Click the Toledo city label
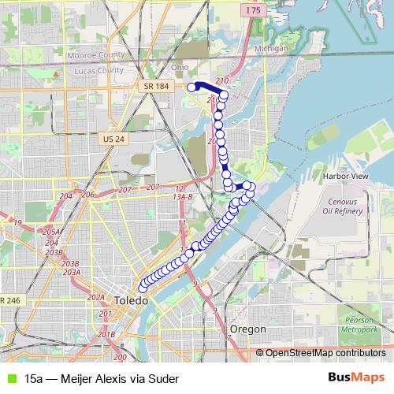tap(131, 302)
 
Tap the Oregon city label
tap(247, 329)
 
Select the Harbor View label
tap(346, 176)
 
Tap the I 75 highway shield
tap(252, 10)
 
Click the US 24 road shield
tap(113, 139)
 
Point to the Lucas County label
tap(95, 70)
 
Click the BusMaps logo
tap(356, 377)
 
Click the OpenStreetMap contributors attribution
tap(325, 352)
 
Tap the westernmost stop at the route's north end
tap(191, 87)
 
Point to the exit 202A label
tap(96, 297)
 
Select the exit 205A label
tap(52, 232)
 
